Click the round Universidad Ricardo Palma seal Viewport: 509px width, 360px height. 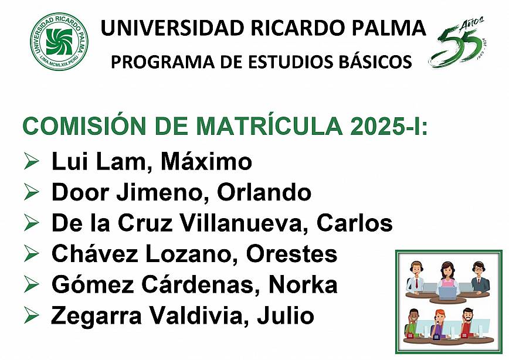click(x=59, y=42)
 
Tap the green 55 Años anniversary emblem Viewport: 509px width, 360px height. click(x=458, y=42)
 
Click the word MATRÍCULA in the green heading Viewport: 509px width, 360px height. click(x=269, y=125)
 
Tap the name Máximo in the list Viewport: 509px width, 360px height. click(x=206, y=161)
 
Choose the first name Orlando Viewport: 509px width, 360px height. click(x=264, y=192)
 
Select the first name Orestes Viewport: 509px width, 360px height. click(x=291, y=254)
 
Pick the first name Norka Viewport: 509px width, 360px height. click(x=303, y=285)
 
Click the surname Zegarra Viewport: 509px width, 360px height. click(x=96, y=316)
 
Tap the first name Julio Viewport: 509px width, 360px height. click(x=286, y=315)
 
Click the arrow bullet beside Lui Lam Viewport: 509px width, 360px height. click(x=32, y=161)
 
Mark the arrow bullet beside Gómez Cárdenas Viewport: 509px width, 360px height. click(x=32, y=284)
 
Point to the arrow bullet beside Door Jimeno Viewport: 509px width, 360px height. click(x=32, y=192)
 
